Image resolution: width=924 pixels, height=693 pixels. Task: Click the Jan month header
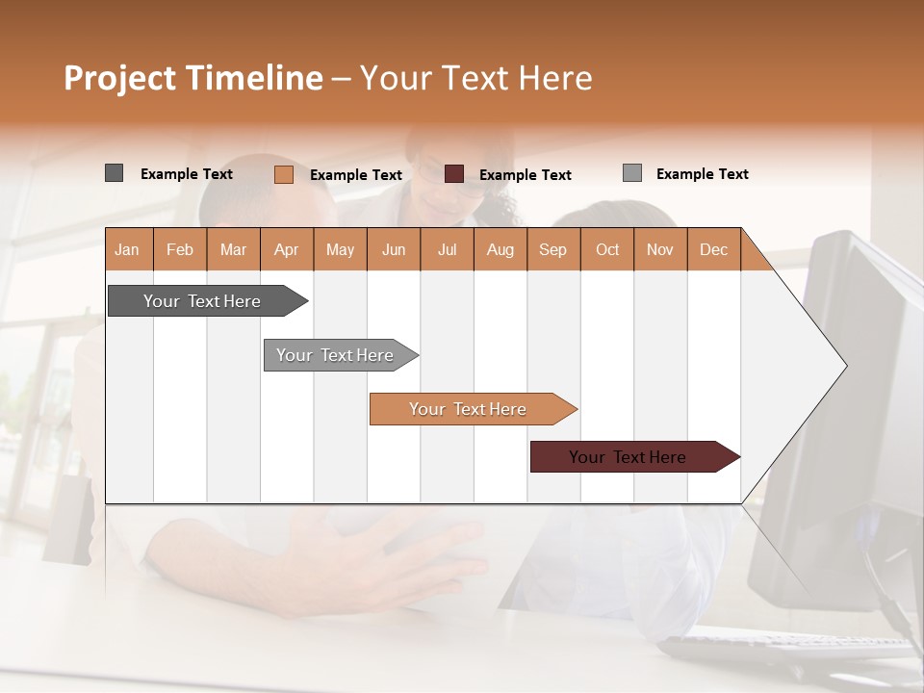pyautogui.click(x=128, y=249)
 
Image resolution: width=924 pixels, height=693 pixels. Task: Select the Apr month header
pyautogui.click(x=287, y=249)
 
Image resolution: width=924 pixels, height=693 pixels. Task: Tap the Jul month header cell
pyautogui.click(x=447, y=249)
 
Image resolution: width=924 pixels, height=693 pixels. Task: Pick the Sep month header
pyautogui.click(x=553, y=249)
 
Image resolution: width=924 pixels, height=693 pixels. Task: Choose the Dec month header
pyautogui.click(x=713, y=249)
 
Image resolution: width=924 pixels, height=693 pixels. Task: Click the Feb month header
pyautogui.click(x=180, y=249)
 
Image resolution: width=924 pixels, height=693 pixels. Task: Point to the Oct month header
pyautogui.click(x=607, y=249)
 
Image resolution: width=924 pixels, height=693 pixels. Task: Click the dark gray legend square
pyautogui.click(x=114, y=173)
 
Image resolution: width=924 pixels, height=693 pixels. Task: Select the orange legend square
pyautogui.click(x=283, y=174)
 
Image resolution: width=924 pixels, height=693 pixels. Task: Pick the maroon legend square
pyautogui.click(x=454, y=174)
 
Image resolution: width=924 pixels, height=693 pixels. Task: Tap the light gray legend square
pyautogui.click(x=631, y=173)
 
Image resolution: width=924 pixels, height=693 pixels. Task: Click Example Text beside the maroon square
pyautogui.click(x=525, y=175)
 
